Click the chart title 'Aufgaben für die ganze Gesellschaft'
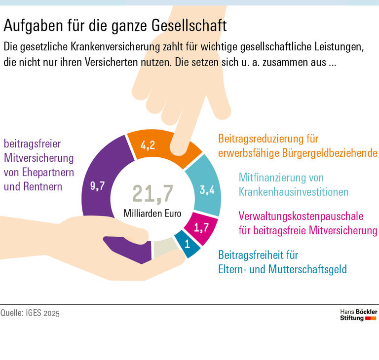(115, 24)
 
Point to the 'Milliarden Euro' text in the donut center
(152, 215)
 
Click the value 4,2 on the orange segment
(148, 145)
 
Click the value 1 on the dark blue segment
(188, 244)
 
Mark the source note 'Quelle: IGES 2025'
(30, 313)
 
